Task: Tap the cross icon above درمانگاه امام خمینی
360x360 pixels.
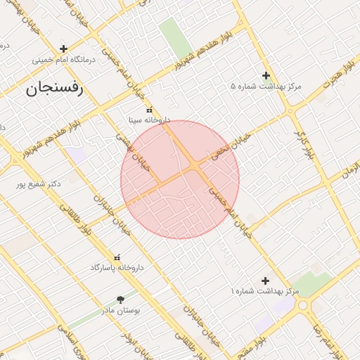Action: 64,49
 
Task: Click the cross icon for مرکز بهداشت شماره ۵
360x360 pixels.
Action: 266,75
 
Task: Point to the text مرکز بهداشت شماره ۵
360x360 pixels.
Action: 266,86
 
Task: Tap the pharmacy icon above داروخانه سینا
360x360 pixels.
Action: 148,110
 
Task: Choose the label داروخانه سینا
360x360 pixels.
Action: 148,121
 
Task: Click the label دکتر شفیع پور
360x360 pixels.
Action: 39,184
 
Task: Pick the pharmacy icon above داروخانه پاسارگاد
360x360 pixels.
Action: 117,258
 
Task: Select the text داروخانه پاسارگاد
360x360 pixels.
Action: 117,269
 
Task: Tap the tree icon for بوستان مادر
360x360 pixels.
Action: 120,299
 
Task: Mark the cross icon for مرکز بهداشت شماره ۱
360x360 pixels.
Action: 265,281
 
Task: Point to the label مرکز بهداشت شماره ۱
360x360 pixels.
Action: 266,291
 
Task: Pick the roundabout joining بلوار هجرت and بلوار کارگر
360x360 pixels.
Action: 290,111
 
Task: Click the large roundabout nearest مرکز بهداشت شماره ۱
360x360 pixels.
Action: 304,305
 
